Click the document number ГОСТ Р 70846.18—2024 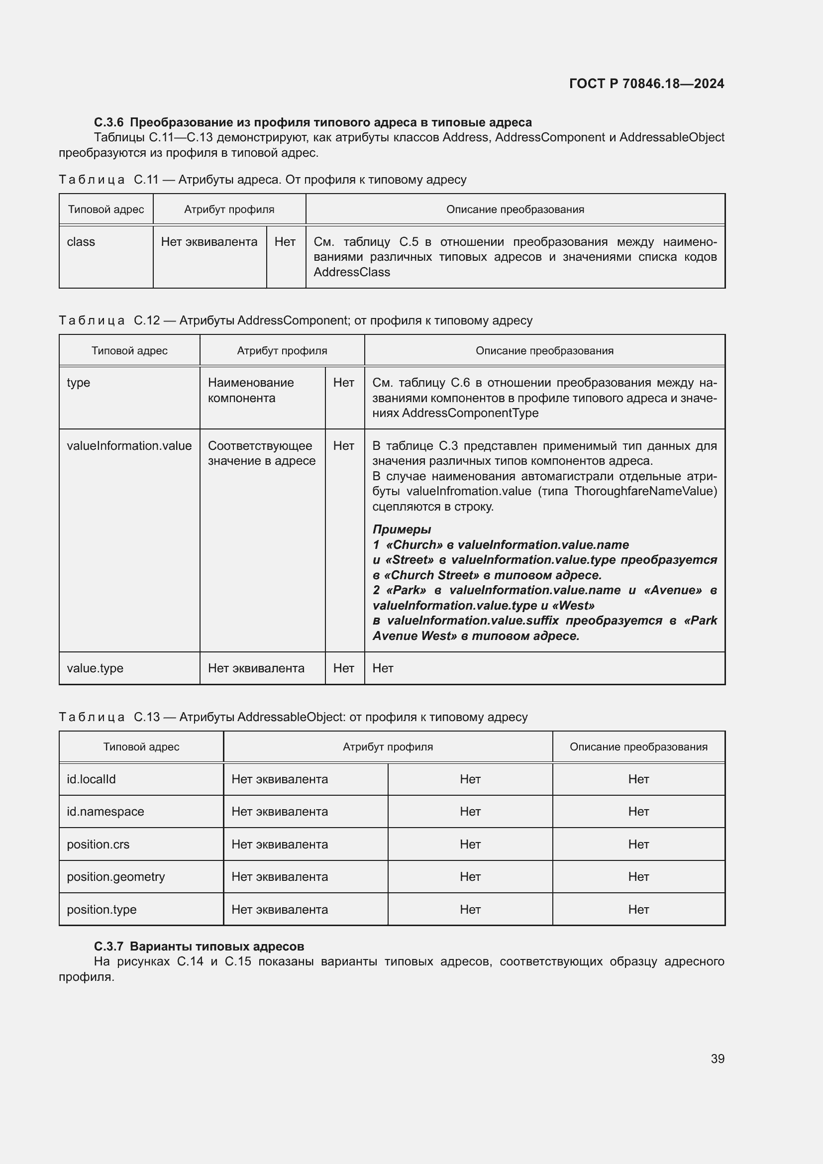tap(646, 84)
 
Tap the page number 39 tap(717, 1058)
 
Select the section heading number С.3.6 tap(108, 122)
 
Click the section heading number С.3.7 tap(108, 946)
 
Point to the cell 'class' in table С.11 tap(81, 242)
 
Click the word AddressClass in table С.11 tap(352, 272)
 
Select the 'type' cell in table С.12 tap(79, 382)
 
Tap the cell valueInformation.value tap(129, 445)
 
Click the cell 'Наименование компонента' tap(250, 390)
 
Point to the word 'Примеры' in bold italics tap(402, 529)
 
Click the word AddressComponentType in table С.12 tap(470, 413)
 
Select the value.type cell tap(95, 668)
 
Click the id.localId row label tap(91, 779)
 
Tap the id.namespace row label tap(105, 811)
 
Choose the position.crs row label tap(98, 844)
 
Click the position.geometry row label tap(115, 876)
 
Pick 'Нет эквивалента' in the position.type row tap(279, 909)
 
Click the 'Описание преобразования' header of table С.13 tap(638, 746)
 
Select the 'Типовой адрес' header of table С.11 tap(106, 210)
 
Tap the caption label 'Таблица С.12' tap(109, 320)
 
